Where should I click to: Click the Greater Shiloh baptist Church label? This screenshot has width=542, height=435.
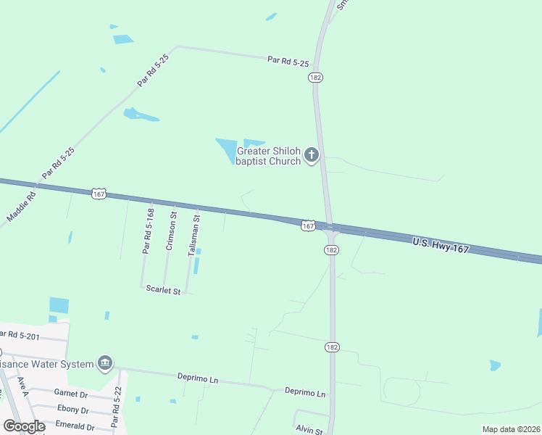click(x=269, y=156)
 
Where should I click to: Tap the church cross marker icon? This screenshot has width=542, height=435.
click(x=312, y=154)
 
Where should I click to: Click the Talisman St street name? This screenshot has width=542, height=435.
click(x=193, y=233)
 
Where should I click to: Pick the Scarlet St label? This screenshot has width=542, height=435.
click(x=163, y=289)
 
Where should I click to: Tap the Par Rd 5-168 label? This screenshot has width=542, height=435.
click(x=148, y=231)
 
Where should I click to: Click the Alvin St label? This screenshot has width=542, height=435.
click(x=309, y=430)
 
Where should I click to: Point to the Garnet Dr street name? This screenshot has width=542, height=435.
click(x=70, y=393)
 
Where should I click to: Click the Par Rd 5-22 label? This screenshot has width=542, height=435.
click(x=115, y=406)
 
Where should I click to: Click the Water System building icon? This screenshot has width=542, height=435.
click(x=105, y=362)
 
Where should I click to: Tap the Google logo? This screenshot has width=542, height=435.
click(x=24, y=426)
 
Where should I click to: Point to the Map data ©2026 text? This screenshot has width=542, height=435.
click(x=510, y=429)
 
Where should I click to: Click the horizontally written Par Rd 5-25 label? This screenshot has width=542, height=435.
click(x=288, y=62)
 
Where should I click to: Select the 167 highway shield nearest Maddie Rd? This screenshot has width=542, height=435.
click(x=99, y=194)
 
